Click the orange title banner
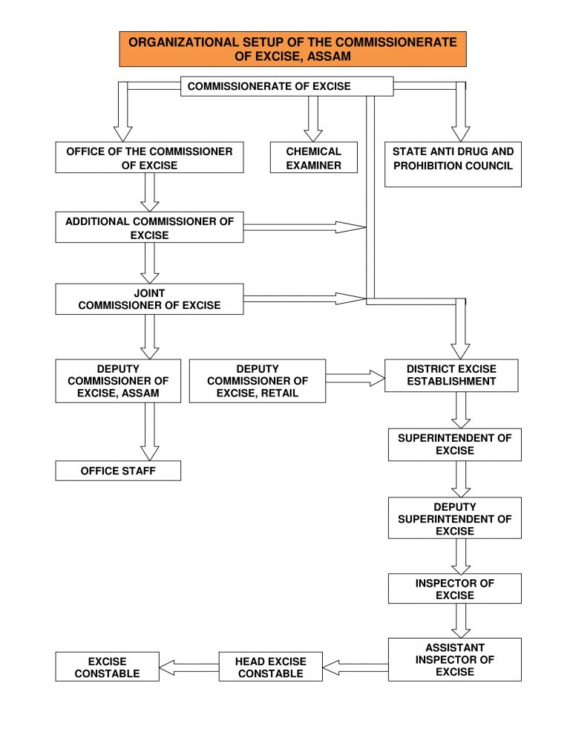tap(292, 49)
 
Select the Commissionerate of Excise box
tap(286, 86)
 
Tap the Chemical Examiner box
tap(313, 157)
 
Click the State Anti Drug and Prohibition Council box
tap(453, 164)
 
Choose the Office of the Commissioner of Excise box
tap(149, 157)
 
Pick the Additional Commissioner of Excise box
tap(149, 227)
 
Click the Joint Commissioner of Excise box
tap(149, 299)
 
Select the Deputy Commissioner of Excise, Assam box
tap(118, 381)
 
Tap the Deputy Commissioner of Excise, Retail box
tap(258, 381)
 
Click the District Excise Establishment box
tap(451, 376)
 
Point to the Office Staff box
tap(118, 471)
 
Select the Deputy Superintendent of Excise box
tap(455, 517)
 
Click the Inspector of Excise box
tap(455, 588)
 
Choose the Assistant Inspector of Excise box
tap(455, 659)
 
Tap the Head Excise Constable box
tap(271, 667)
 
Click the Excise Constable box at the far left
tap(108, 667)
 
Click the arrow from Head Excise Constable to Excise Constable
tap(189, 667)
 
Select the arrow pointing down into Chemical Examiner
tap(313, 119)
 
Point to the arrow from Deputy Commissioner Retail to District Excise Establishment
tap(355, 378)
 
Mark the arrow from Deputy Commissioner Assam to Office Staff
tap(150, 431)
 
